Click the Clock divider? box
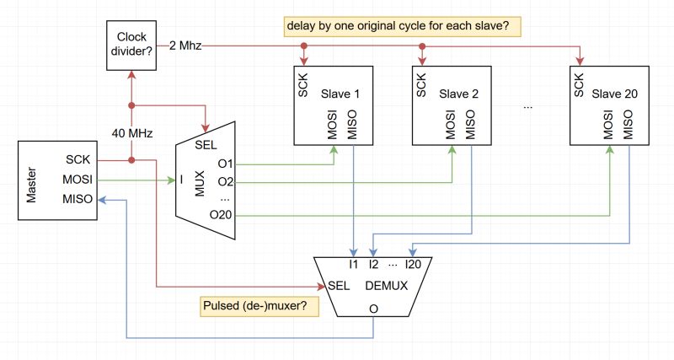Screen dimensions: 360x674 click(x=131, y=45)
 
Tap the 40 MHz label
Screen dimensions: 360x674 click(x=131, y=132)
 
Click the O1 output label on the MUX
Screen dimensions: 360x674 click(x=225, y=163)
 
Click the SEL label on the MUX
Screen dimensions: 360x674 click(x=206, y=144)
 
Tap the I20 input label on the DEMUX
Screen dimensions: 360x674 click(x=414, y=265)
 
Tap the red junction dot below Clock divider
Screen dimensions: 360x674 click(x=131, y=106)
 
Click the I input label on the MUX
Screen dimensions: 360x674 click(x=181, y=180)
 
